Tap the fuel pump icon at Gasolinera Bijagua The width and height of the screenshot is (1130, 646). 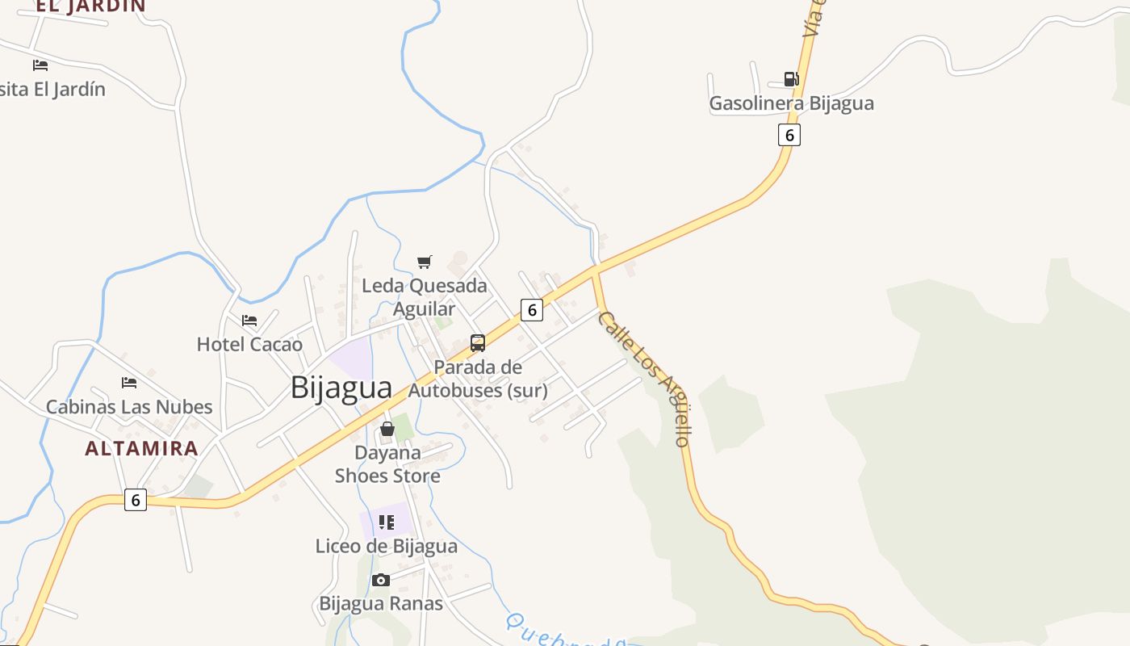click(791, 79)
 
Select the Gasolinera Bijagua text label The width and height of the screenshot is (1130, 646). click(791, 103)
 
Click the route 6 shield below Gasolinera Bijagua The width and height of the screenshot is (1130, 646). click(789, 135)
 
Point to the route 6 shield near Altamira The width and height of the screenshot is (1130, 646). click(136, 501)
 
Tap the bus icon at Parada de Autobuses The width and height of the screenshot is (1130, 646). click(478, 343)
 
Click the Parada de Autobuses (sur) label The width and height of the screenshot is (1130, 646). click(478, 379)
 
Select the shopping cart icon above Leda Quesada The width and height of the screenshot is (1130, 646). click(425, 262)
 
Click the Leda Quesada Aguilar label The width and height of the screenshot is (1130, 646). click(425, 296)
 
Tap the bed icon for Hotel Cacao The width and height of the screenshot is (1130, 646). click(249, 321)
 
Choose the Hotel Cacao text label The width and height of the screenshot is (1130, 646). click(249, 345)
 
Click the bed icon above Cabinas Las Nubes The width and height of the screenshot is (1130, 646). click(129, 382)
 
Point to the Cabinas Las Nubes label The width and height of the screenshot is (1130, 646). click(129, 407)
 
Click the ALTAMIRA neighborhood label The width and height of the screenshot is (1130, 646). click(141, 449)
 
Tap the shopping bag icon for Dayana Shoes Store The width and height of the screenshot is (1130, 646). click(387, 429)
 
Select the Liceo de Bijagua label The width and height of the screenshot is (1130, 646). click(387, 547)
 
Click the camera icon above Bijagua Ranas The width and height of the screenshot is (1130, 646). click(381, 580)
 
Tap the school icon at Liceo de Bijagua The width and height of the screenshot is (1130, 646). click(387, 522)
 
